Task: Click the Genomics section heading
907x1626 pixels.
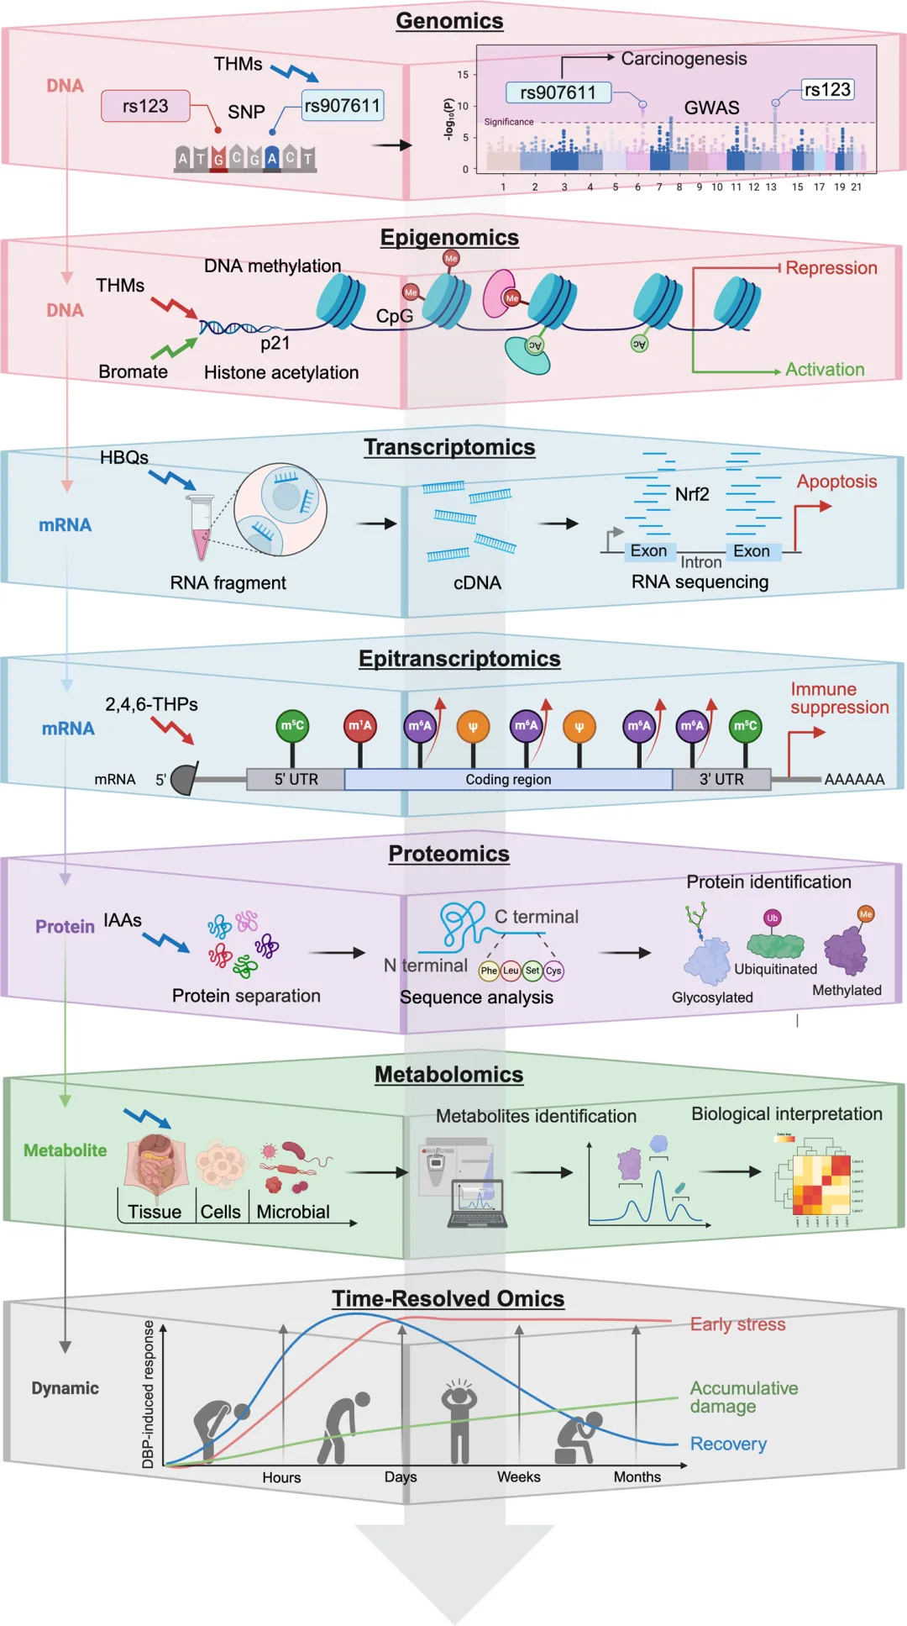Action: tap(449, 21)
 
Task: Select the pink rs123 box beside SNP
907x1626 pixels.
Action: tap(145, 107)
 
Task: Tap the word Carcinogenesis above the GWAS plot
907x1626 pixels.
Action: tap(684, 59)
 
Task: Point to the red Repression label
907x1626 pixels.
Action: tap(831, 268)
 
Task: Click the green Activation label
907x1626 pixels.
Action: tap(824, 370)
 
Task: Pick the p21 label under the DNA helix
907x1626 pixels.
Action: tap(275, 343)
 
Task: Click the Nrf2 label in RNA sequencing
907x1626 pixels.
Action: tap(692, 494)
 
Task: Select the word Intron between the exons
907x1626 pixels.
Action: tap(700, 562)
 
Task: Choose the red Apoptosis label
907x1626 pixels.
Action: tap(836, 481)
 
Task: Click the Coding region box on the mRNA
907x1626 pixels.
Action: tap(508, 780)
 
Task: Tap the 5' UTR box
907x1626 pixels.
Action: tap(296, 780)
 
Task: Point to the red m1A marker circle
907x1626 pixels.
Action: tap(360, 726)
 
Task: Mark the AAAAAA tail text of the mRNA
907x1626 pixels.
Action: tap(854, 780)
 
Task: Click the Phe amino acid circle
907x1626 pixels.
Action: tap(489, 971)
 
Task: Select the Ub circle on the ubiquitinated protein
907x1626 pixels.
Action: tap(772, 918)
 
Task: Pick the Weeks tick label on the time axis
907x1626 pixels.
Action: tap(518, 1477)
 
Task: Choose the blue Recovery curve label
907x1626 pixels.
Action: tap(728, 1444)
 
